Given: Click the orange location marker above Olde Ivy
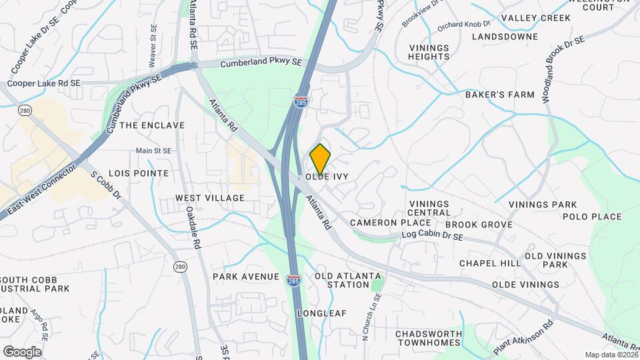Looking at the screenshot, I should (x=320, y=159).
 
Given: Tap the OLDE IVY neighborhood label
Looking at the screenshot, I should (x=327, y=177).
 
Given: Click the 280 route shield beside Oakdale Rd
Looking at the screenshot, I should (x=180, y=267).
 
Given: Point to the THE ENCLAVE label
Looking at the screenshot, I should (x=153, y=125).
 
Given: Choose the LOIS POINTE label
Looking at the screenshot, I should (x=142, y=173).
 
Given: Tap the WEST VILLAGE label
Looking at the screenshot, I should (x=210, y=198).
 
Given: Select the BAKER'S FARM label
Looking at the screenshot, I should (x=500, y=95).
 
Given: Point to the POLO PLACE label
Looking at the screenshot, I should (x=592, y=217).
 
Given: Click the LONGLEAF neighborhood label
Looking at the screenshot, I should (x=323, y=313).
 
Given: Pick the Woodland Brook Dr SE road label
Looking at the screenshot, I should (x=563, y=69).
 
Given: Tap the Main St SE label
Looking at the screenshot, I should (x=154, y=151).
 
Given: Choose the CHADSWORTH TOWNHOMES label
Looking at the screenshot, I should (x=428, y=338).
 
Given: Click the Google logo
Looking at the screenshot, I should (x=22, y=351).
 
